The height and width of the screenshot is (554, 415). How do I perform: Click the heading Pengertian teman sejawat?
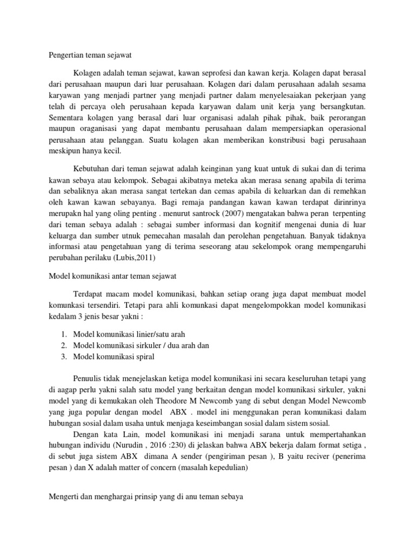click(x=86, y=55)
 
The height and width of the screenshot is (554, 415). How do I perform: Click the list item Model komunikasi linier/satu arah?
click(x=129, y=334)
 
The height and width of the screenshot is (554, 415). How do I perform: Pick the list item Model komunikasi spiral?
click(x=113, y=357)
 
